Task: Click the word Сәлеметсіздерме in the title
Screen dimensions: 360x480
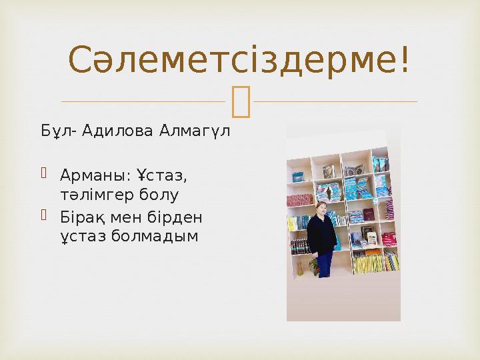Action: pyautogui.click(x=231, y=60)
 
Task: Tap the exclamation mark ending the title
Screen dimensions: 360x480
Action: pyautogui.click(x=403, y=60)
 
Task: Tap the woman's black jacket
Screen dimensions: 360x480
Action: pyautogui.click(x=322, y=233)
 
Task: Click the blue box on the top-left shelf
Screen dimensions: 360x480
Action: pyautogui.click(x=298, y=177)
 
